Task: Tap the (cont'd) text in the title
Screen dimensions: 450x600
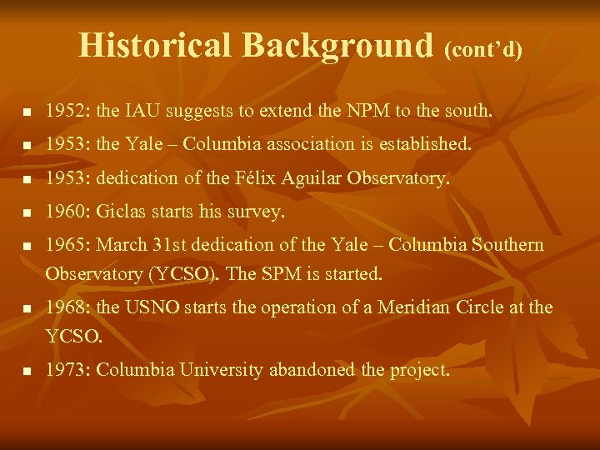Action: tap(483, 50)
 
